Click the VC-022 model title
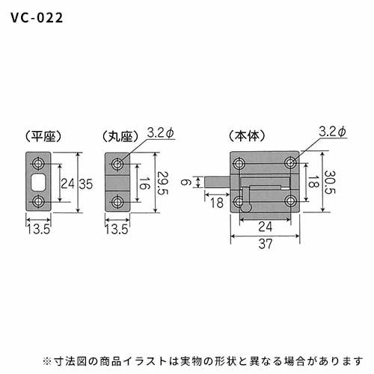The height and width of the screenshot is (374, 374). click(37, 18)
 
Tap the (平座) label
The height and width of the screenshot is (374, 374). click(43, 136)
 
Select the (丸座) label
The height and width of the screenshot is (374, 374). click(120, 136)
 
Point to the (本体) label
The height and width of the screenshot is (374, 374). click(247, 136)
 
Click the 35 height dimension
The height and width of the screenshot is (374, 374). click(86, 184)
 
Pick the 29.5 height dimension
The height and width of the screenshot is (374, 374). click(162, 183)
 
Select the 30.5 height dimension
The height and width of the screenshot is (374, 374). click(330, 183)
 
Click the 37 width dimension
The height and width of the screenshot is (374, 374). click(266, 244)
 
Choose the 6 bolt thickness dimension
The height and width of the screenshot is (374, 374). click(186, 183)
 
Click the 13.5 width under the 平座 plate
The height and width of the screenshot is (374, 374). click(38, 229)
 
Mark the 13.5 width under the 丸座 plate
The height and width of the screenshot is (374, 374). click(117, 229)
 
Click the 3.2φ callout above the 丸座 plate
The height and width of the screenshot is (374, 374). click(160, 132)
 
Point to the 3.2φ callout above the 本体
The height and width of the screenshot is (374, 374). click(332, 131)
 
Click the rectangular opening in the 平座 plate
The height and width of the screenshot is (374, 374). click(38, 183)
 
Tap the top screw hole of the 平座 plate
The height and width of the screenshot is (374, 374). click(38, 164)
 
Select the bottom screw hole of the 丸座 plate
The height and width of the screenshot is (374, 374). click(117, 202)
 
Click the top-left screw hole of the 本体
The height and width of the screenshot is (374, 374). click(239, 163)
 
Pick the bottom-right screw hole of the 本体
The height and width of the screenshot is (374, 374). click(290, 201)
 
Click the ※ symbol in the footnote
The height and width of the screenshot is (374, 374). click(47, 361)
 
